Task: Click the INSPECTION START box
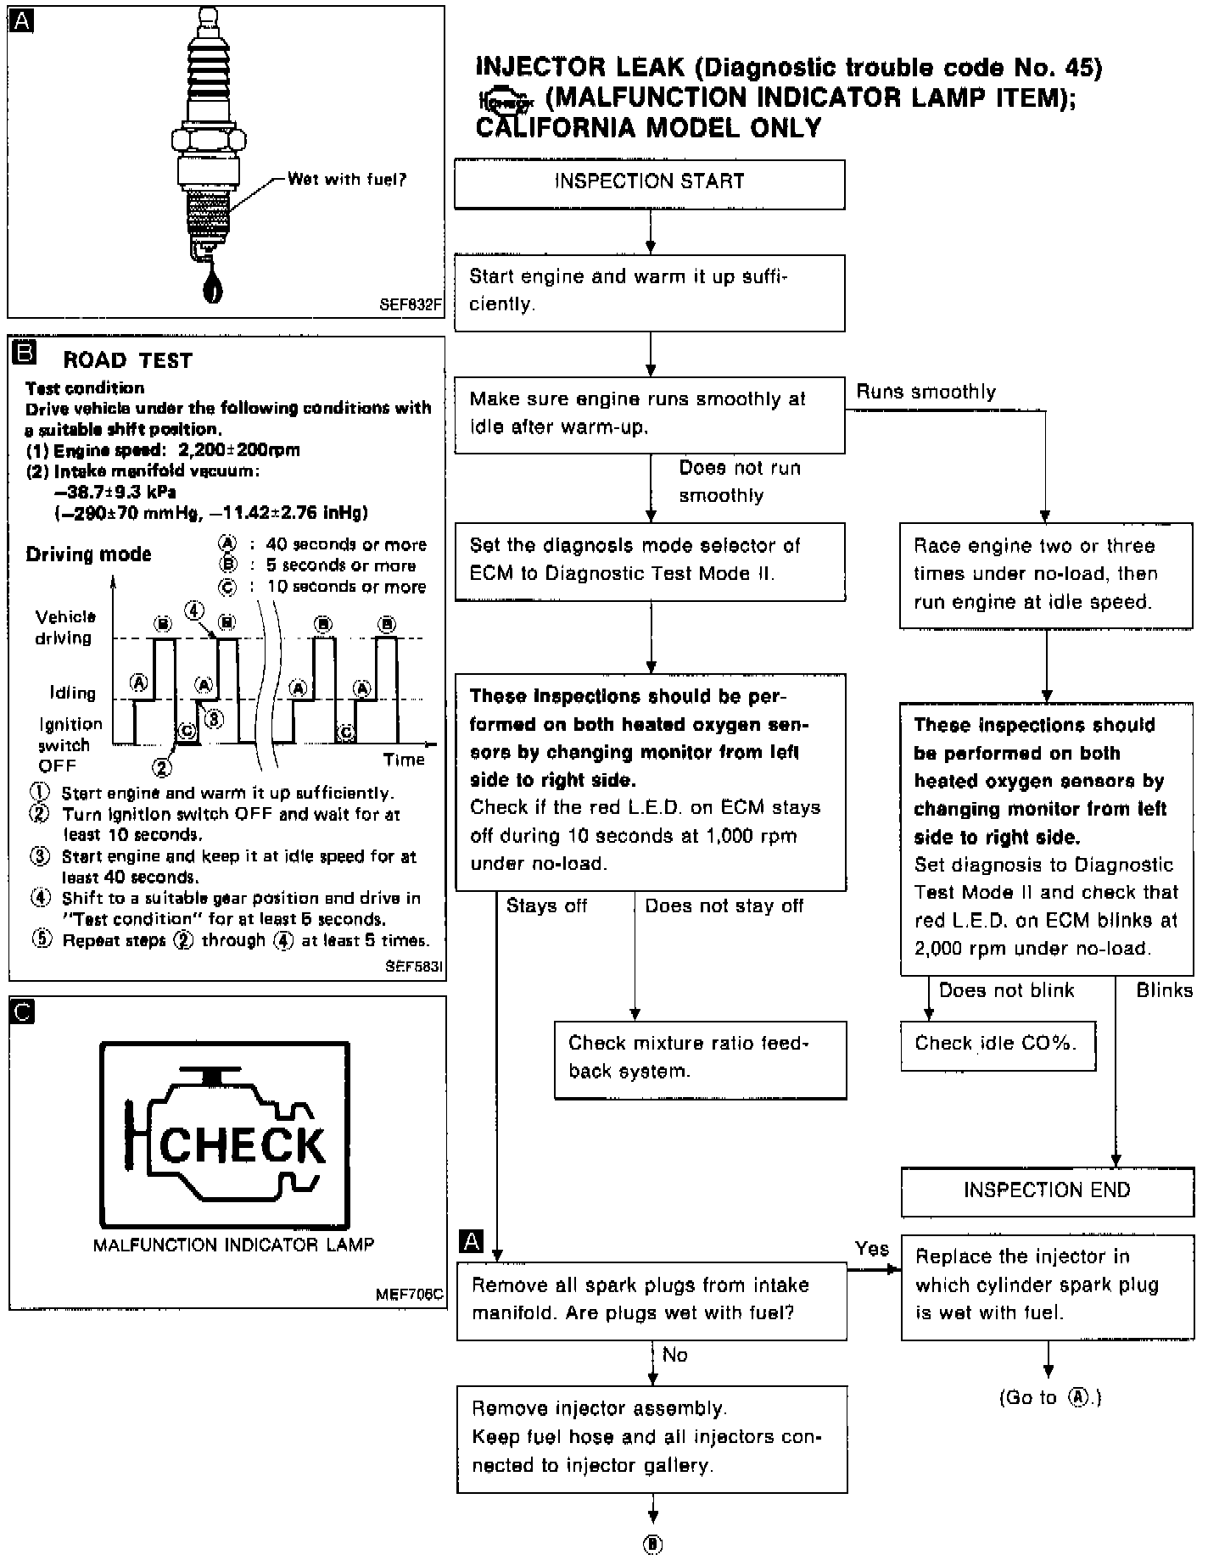(649, 183)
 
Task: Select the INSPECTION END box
(1047, 1191)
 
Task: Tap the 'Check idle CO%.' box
(997, 1045)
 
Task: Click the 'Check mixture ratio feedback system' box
(700, 1059)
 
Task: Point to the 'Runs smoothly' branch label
(926, 393)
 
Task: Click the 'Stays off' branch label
(546, 906)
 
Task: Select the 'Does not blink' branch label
(1006, 991)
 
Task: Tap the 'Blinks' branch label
(1164, 991)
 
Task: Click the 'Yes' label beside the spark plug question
(871, 1249)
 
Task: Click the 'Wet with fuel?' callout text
(347, 180)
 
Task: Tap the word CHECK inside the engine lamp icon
(242, 1145)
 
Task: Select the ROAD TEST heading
(127, 361)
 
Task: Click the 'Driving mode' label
(88, 555)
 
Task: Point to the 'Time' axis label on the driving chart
(403, 760)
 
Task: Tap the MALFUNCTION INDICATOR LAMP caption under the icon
(233, 1245)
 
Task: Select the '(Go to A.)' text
(1049, 1398)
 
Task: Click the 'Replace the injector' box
(1047, 1286)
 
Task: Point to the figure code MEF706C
(410, 1295)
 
